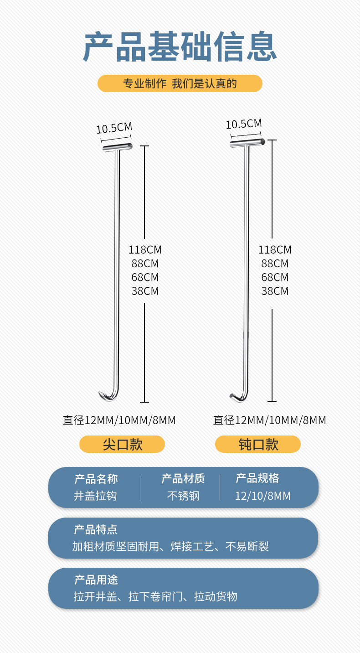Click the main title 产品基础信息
[180, 47]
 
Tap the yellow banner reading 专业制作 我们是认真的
[180, 83]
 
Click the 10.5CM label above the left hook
[114, 128]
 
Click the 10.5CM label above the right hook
[244, 124]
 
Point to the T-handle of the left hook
[117, 147]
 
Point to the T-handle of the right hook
[247, 143]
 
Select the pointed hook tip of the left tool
[102, 394]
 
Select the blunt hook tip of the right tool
[233, 395]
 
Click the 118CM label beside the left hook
[145, 250]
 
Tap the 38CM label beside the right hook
[275, 291]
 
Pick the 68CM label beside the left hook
[145, 277]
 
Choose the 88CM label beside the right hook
[275, 264]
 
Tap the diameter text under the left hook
[119, 420]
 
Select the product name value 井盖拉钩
[95, 496]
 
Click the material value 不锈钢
[183, 496]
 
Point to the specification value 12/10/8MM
[262, 496]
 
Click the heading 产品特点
[96, 529]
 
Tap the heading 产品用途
[96, 580]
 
